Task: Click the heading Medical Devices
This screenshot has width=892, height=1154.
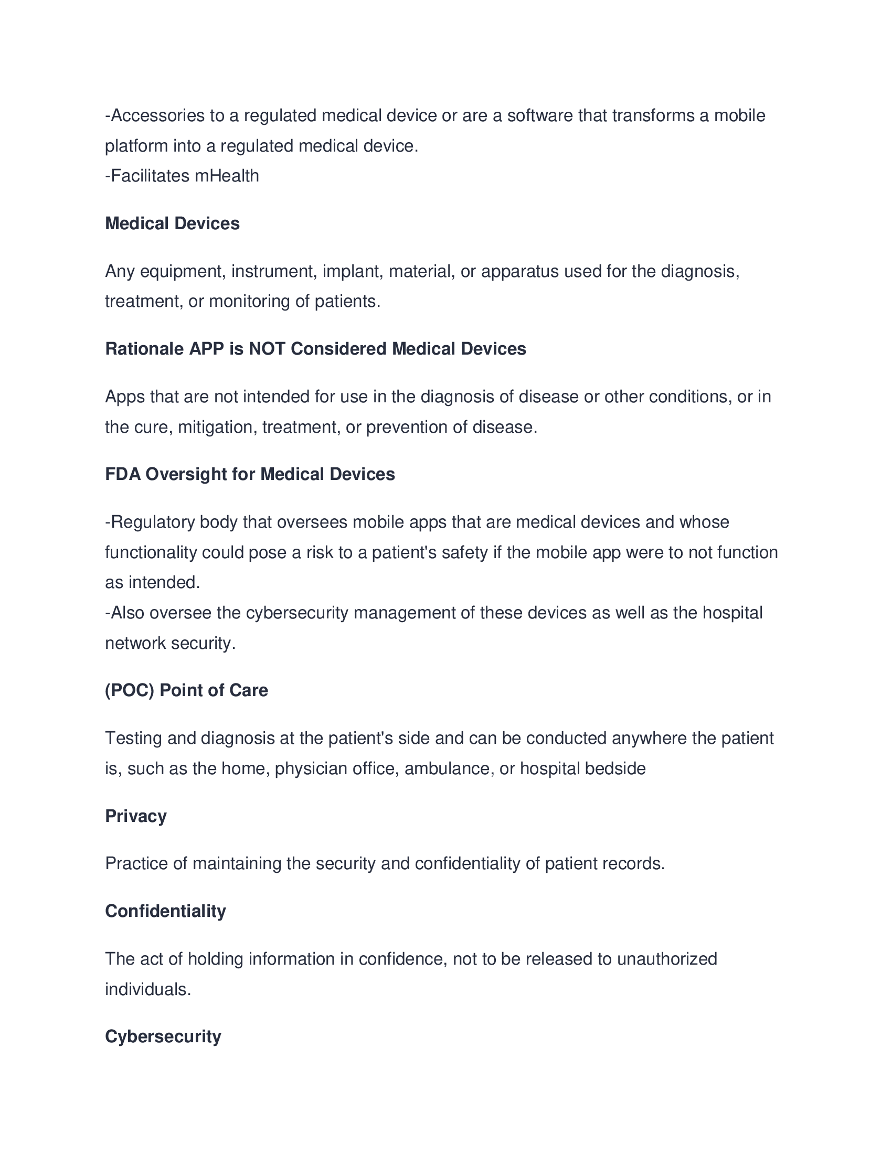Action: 172,223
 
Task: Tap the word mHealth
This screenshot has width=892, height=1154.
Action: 227,176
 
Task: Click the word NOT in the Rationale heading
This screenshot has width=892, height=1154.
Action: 267,349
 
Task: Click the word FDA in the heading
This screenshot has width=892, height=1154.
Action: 123,474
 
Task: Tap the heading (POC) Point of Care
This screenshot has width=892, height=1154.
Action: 187,690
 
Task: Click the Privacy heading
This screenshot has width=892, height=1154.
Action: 136,816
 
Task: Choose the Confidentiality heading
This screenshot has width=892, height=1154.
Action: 165,911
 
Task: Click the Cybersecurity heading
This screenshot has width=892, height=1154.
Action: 163,1036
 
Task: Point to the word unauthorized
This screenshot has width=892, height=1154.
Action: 667,958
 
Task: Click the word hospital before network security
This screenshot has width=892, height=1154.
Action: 732,613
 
